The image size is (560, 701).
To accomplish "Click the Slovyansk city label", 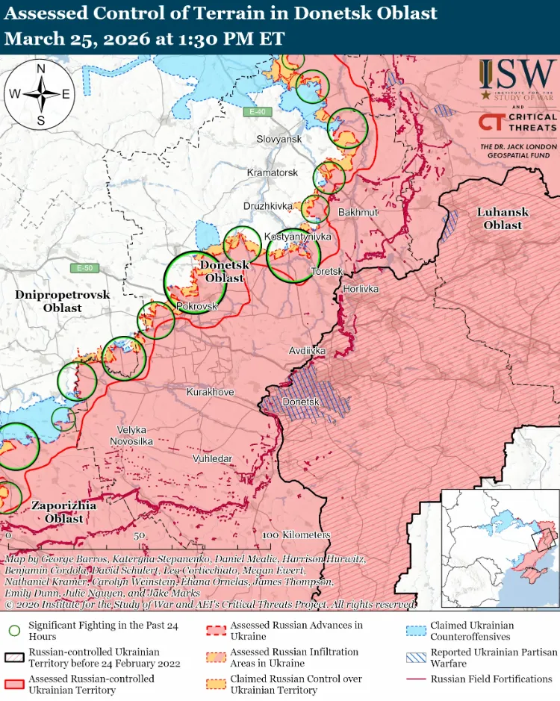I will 279,140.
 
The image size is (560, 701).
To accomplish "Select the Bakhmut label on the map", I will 358,213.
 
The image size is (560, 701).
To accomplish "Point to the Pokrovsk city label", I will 196,306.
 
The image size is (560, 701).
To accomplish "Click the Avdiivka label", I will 307,350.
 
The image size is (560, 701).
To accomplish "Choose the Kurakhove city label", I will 210,392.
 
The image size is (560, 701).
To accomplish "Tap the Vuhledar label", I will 212,458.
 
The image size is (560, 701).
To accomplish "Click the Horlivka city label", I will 361,288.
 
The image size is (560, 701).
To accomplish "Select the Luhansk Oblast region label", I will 503,219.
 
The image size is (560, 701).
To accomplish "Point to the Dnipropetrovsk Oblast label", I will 62,301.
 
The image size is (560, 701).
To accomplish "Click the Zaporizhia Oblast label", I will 63,512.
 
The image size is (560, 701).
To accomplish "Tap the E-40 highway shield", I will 257,112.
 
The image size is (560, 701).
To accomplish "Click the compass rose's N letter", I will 40,69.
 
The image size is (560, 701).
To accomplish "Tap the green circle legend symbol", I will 14,630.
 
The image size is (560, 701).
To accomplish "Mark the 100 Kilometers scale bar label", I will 296,535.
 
